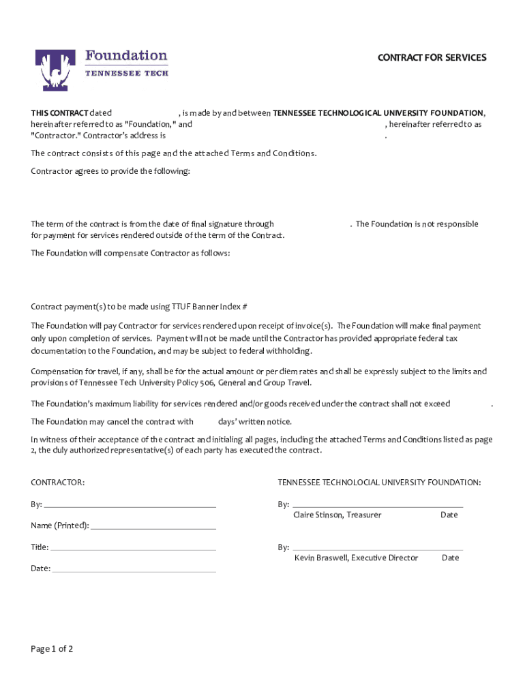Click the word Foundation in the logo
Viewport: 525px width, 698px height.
(x=125, y=55)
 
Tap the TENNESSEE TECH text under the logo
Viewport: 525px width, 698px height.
(x=126, y=73)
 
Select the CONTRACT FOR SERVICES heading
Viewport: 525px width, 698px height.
(x=432, y=58)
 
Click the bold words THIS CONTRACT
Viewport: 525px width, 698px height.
(x=59, y=113)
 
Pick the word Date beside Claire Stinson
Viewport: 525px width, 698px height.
(x=449, y=515)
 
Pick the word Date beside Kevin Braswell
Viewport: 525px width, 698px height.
(x=451, y=558)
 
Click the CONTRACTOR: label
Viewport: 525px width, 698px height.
(x=58, y=483)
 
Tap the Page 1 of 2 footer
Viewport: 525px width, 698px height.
(x=52, y=649)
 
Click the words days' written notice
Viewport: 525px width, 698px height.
(x=255, y=422)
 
